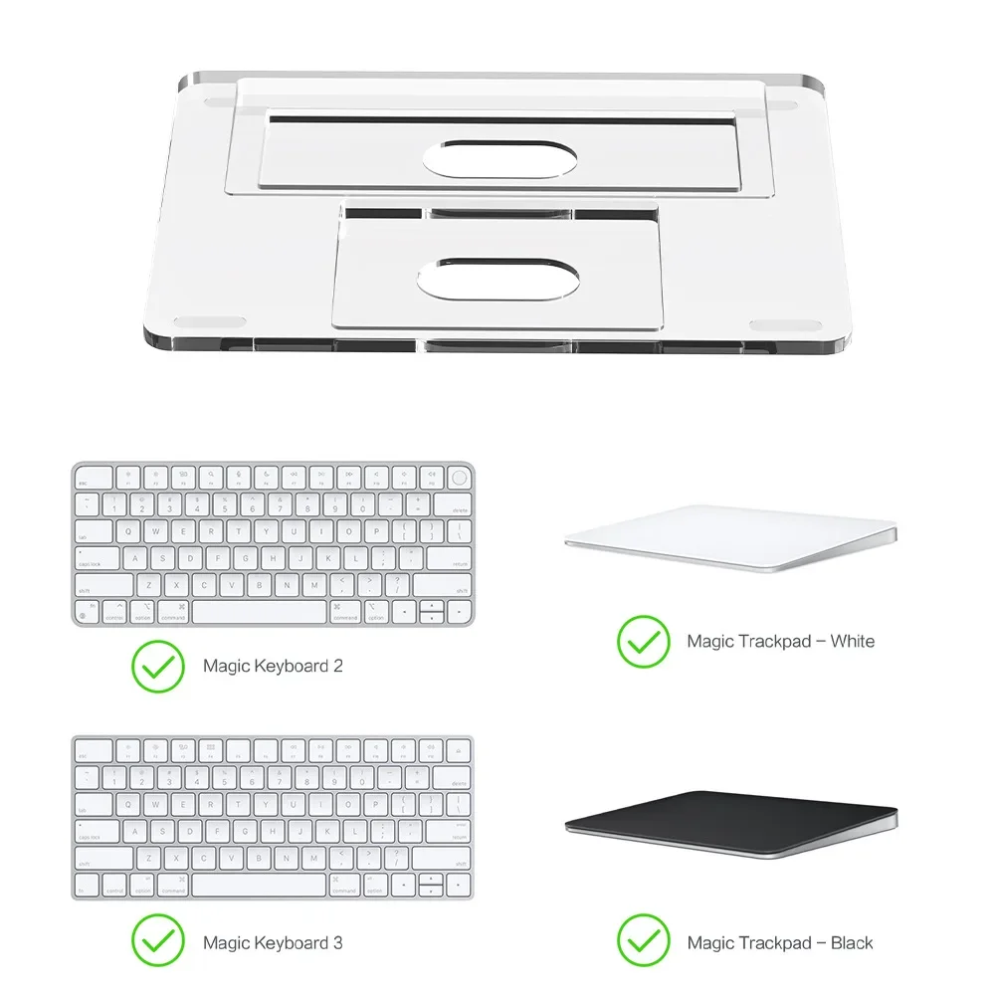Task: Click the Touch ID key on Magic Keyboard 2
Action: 458,479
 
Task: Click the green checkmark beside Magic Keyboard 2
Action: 157,666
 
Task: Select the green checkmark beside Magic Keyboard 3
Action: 157,941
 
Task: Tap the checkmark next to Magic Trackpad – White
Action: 643,641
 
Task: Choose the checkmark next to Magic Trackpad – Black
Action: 643,941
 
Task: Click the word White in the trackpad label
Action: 852,641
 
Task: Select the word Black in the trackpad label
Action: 852,942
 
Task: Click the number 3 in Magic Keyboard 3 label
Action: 337,942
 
